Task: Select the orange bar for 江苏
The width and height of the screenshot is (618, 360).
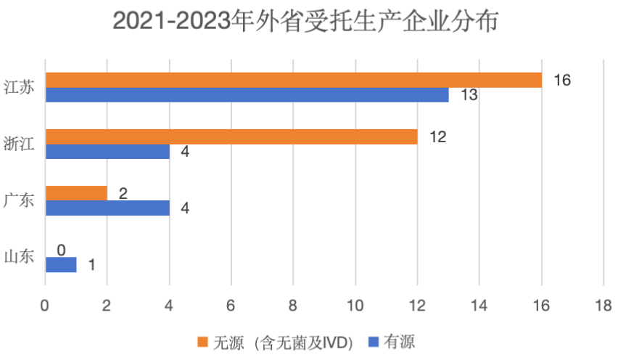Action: [x=294, y=80]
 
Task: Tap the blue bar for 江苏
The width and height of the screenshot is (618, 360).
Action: [x=247, y=95]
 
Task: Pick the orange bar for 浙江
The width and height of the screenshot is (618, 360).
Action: [x=231, y=136]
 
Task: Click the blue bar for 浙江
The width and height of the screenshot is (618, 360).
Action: [x=107, y=152]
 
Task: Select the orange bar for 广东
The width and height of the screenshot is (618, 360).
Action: [x=76, y=193]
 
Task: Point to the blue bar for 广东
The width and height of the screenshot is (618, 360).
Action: [x=107, y=208]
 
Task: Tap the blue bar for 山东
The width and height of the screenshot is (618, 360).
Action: [x=61, y=265]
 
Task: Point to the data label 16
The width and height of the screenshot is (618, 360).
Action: [x=562, y=80]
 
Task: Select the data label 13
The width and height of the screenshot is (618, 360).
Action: [x=469, y=95]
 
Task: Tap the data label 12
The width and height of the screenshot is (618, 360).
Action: [x=437, y=136]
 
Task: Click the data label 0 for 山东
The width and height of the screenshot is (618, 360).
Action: [x=62, y=250]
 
